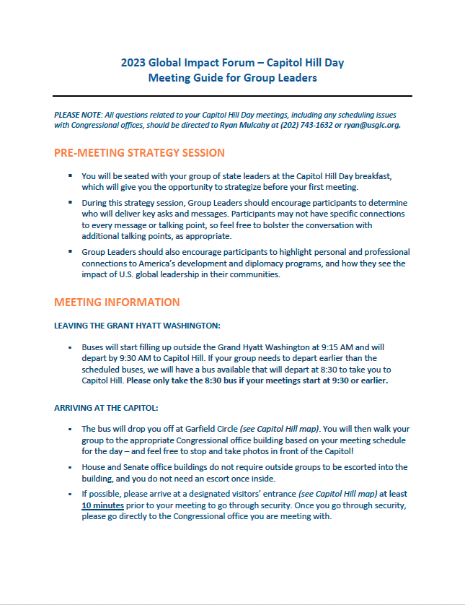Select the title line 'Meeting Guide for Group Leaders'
pos(232,78)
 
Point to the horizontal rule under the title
pos(232,96)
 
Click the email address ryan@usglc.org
pos(373,125)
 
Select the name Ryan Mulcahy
pos(246,125)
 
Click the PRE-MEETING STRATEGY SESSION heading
pos(139,153)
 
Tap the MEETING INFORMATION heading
pos(117,302)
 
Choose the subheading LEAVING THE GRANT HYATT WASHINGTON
pos(137,326)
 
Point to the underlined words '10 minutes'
pos(102,505)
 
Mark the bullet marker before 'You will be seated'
pos(70,176)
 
